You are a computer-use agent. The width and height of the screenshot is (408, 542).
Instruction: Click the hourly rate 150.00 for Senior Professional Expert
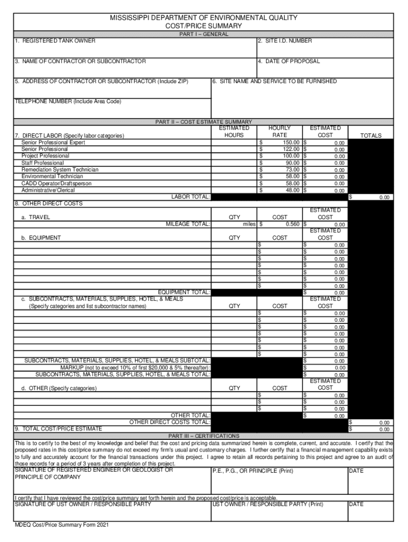coord(291,143)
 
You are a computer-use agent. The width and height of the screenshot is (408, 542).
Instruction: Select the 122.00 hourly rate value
coord(291,150)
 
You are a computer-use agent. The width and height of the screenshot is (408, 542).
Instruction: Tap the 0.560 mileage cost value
coord(292,224)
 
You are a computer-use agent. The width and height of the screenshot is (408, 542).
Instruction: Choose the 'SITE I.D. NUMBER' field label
coord(285,41)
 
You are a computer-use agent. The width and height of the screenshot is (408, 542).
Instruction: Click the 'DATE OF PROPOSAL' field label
coord(289,61)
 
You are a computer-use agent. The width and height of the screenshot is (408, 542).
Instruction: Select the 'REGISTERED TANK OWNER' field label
coord(55,41)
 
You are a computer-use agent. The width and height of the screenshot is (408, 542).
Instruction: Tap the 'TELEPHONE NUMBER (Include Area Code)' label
coord(68,101)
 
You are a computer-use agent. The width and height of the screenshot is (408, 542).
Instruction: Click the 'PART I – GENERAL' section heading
coord(203,34)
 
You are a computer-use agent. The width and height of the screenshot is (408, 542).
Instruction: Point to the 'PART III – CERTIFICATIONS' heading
coord(203,436)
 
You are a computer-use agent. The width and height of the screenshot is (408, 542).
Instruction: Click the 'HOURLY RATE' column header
coord(280,132)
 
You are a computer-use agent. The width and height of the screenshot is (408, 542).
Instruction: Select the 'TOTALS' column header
coord(370,135)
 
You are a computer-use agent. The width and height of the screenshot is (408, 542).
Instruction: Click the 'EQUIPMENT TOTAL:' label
coord(184,292)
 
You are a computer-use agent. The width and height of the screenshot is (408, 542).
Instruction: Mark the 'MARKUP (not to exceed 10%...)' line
coord(135,367)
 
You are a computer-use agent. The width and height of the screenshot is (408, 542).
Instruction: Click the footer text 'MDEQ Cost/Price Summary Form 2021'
coord(61,525)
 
